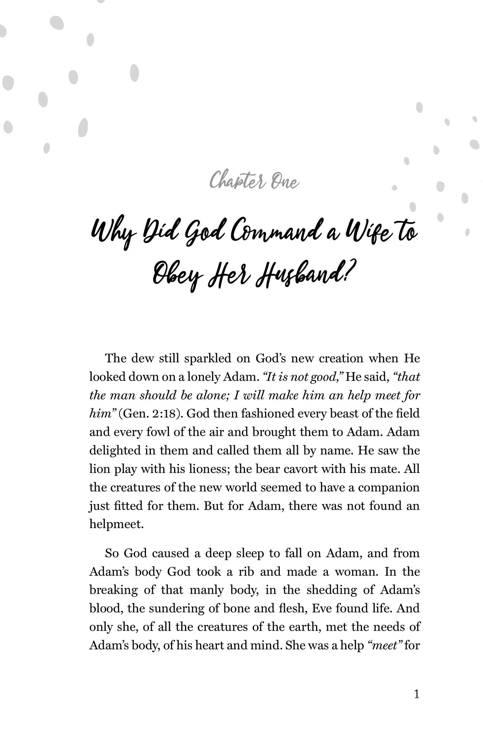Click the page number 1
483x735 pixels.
416,695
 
